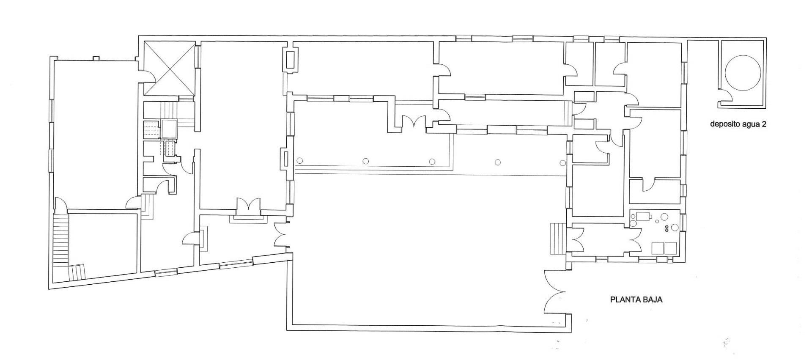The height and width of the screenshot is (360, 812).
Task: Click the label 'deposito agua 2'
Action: coord(738,124)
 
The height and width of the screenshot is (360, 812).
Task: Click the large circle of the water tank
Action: coord(743,72)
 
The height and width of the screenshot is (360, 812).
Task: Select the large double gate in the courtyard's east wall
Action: coord(555,292)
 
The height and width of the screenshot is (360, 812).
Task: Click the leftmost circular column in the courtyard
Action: coord(300,160)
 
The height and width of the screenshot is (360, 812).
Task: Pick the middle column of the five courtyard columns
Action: coord(432,161)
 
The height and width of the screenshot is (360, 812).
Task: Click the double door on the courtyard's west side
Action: coord(281,235)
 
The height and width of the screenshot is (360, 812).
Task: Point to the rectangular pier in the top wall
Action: coord(291,60)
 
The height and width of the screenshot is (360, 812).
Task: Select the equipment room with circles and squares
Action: coord(655,232)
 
